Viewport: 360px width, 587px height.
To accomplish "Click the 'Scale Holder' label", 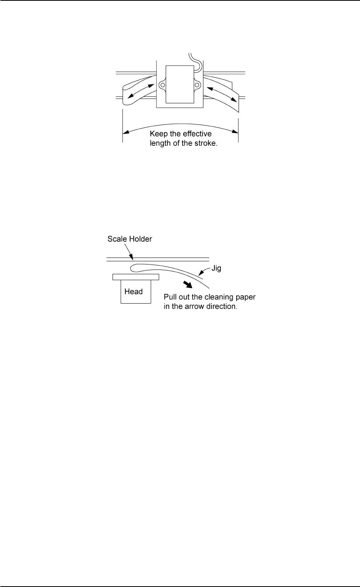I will (x=130, y=239).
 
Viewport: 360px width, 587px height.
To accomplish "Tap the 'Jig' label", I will (x=216, y=268).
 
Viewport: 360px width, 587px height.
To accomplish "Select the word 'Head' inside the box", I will (x=133, y=292).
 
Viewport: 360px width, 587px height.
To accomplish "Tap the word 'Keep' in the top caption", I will (x=159, y=134).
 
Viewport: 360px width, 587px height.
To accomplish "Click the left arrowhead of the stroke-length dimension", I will (x=125, y=133).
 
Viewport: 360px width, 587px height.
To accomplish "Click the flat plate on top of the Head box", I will (x=135, y=277).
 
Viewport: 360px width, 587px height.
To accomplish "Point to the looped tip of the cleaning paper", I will (x=134, y=268).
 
